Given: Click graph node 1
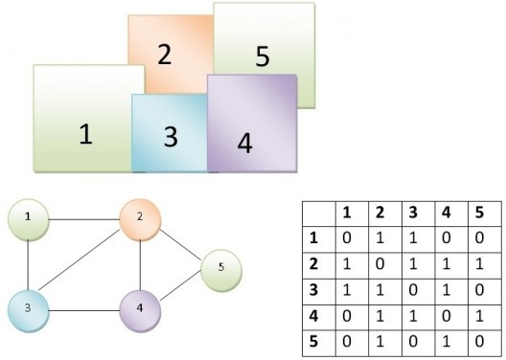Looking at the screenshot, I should (30, 217).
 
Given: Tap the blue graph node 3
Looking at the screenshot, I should (30, 308).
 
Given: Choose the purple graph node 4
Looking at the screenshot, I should (140, 309).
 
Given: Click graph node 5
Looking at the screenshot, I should (220, 266).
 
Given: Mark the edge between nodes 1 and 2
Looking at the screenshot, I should (84, 218).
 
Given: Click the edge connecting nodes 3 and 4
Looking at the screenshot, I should (84, 309).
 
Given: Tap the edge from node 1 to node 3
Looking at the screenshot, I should (30, 263).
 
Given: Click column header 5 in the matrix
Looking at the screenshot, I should (478, 212).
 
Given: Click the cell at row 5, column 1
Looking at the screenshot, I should (347, 340).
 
